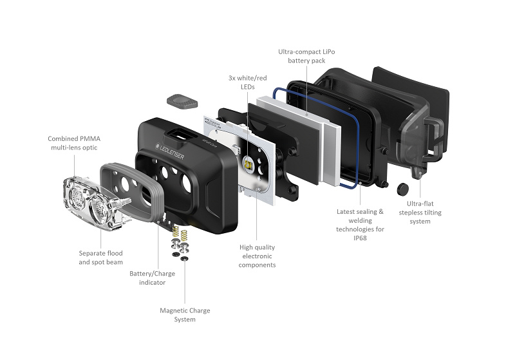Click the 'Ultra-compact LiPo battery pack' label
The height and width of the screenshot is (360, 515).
coord(306,55)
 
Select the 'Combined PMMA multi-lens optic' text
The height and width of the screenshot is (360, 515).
coord(73,143)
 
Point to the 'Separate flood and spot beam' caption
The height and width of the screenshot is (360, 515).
coord(100,258)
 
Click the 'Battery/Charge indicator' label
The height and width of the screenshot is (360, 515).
coord(152,278)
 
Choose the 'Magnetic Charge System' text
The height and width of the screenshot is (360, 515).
coord(185,315)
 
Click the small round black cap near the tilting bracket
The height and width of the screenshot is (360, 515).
coord(404,188)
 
